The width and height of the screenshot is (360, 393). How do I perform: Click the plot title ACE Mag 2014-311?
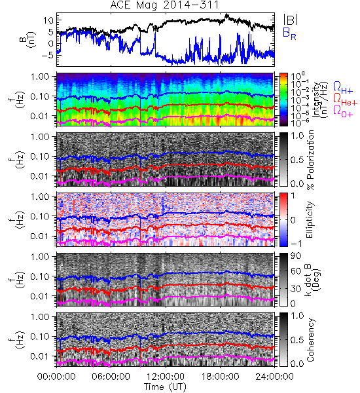[164, 5]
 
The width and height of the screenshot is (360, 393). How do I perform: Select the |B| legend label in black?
[291, 20]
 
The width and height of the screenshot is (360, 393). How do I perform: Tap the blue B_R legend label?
[289, 33]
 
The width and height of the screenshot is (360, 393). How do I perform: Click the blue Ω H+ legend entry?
[343, 88]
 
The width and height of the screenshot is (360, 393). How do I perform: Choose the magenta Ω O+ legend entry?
[343, 111]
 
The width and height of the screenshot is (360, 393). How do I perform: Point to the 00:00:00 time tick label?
[56, 377]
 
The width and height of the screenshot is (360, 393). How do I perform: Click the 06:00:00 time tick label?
[111, 377]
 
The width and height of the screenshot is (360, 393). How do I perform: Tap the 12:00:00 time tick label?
[166, 377]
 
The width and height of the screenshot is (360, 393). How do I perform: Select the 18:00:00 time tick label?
[220, 377]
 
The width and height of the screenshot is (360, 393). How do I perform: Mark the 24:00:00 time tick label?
[274, 377]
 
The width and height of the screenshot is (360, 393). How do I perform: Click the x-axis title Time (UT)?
[166, 386]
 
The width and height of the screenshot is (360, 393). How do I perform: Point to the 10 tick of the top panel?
[48, 20]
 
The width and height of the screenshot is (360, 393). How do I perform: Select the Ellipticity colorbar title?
[310, 219]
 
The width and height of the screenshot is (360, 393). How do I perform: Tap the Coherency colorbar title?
[310, 340]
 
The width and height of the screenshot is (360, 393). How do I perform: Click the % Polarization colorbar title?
[310, 160]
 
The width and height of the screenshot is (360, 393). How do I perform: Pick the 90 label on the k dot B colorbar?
[296, 256]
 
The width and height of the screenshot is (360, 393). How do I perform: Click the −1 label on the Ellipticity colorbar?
[296, 244]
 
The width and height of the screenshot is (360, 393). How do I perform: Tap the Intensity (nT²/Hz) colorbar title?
[321, 100]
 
